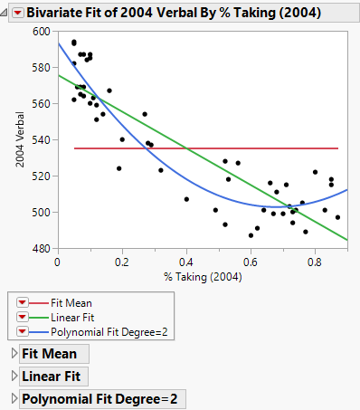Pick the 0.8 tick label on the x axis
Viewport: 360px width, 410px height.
[314, 262]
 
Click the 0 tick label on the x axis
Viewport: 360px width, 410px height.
[58, 262]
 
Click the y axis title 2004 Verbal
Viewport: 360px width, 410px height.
[18, 140]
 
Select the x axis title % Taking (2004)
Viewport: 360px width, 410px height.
[202, 276]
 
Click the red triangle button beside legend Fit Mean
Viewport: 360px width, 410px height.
[24, 303]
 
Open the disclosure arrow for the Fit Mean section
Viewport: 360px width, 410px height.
[14, 354]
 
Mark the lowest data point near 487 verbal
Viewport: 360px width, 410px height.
[251, 235]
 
